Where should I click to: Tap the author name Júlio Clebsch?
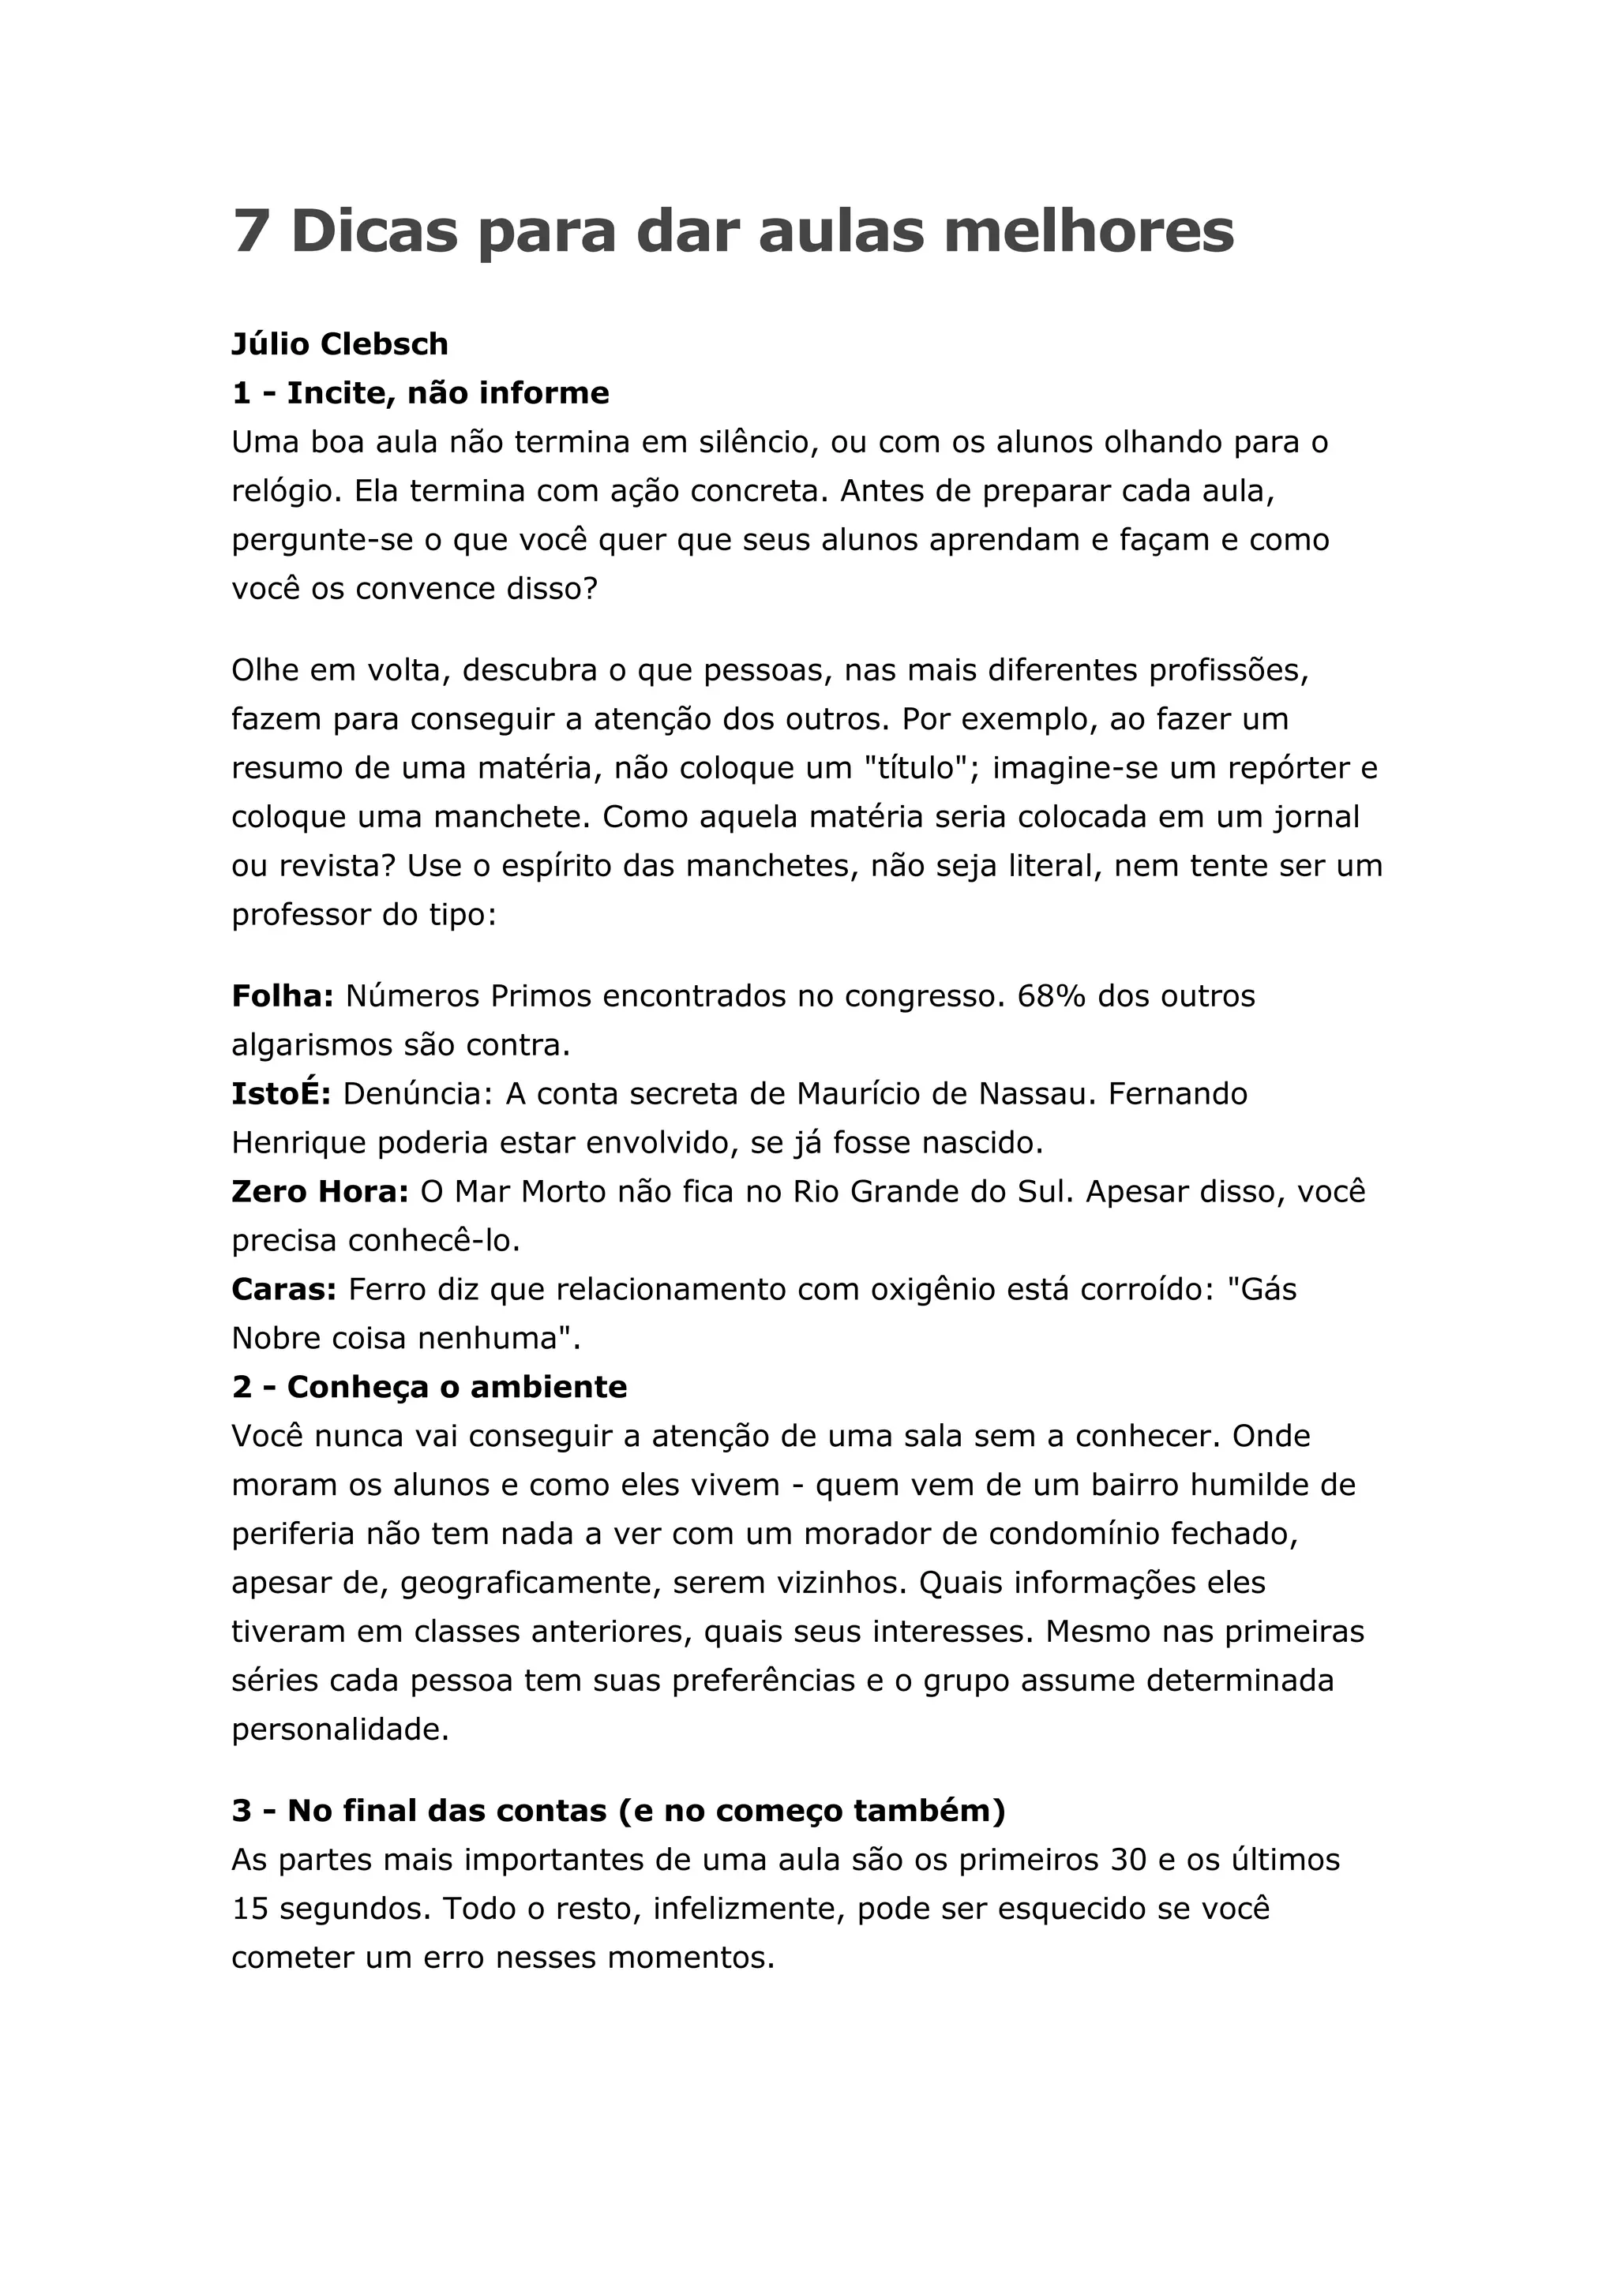[x=340, y=344]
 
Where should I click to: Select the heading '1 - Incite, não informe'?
[x=420, y=393]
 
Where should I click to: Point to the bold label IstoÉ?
[x=281, y=1093]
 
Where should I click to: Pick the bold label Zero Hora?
[x=320, y=1192]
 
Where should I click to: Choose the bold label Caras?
[x=283, y=1289]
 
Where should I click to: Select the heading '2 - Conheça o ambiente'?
[x=430, y=1387]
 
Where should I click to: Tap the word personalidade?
[x=340, y=1729]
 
